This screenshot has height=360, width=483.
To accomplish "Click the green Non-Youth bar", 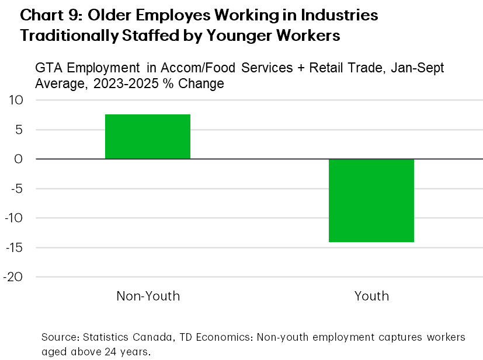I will pyautogui.click(x=147, y=137).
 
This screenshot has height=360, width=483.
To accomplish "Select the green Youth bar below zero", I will pyautogui.click(x=371, y=200).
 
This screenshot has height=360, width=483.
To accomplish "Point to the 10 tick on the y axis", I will pyautogui.click(x=15, y=100).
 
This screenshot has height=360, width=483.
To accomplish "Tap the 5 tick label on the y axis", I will pyautogui.click(x=19, y=130).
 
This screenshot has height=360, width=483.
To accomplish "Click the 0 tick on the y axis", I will pyautogui.click(x=19, y=159).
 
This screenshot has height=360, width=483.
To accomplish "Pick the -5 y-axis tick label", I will pyautogui.click(x=15, y=188).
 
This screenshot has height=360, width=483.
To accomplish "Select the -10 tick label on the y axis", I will pyautogui.click(x=13, y=218).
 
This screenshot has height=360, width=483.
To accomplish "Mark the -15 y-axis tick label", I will pyautogui.click(x=13, y=247).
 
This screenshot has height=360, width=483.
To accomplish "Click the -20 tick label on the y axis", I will pyautogui.click(x=13, y=277).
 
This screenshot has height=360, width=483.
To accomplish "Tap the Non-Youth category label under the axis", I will pyautogui.click(x=148, y=296).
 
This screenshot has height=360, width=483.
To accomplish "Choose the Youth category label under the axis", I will pyautogui.click(x=371, y=296).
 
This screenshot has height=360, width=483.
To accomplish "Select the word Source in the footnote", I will pyautogui.click(x=60, y=338).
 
